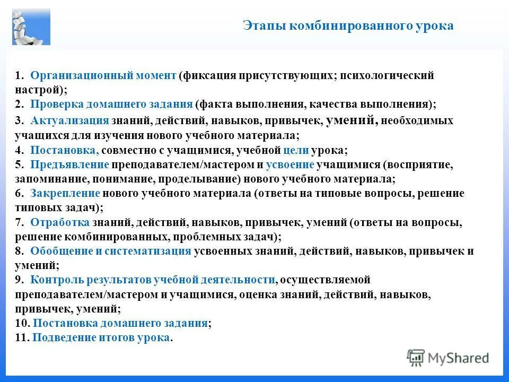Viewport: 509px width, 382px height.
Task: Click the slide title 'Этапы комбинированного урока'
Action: (x=348, y=25)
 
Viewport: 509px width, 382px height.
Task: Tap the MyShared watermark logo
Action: (x=448, y=358)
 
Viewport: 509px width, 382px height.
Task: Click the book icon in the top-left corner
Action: (x=31, y=27)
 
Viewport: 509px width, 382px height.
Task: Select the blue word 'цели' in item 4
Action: (x=293, y=150)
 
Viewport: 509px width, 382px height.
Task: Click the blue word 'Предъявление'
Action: (x=69, y=164)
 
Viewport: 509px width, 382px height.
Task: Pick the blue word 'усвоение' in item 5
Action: (x=290, y=164)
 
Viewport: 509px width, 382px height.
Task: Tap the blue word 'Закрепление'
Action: (x=65, y=193)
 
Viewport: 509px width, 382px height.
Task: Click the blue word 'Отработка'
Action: (x=60, y=222)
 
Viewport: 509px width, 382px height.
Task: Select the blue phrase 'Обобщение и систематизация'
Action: (x=110, y=251)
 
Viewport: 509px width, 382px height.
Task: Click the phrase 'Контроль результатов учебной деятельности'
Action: (x=153, y=280)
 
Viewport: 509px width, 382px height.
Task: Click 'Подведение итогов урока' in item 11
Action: (x=102, y=337)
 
